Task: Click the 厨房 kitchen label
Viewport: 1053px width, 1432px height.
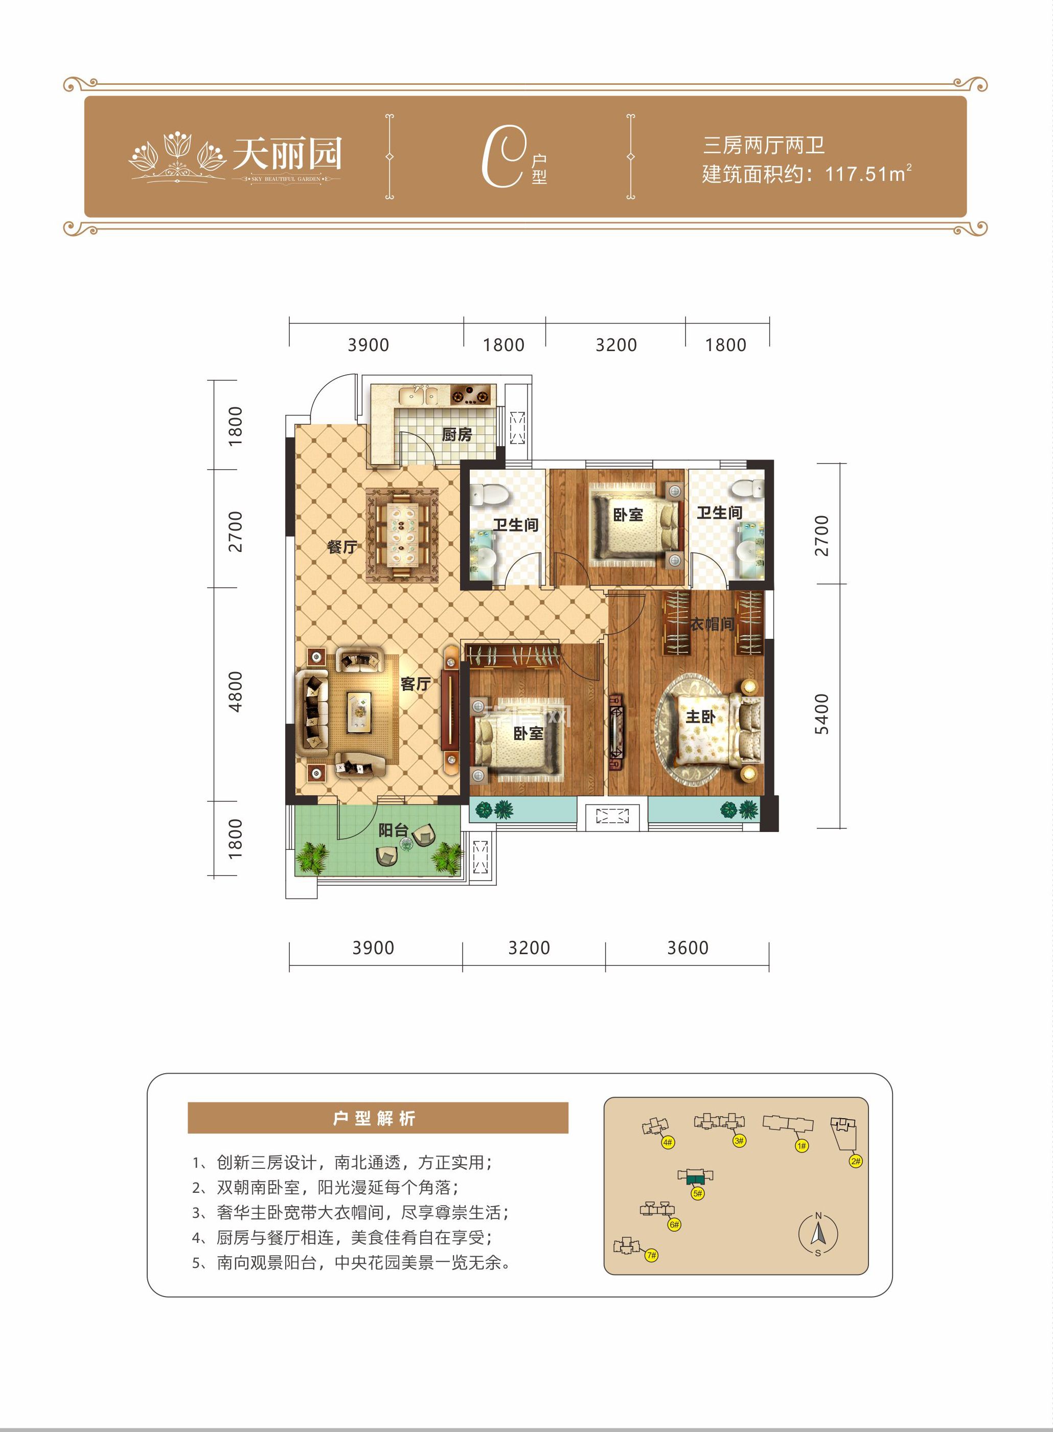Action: click(x=456, y=434)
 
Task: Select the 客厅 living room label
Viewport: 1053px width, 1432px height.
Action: click(x=415, y=684)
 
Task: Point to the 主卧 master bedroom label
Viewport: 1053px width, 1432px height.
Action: click(x=700, y=717)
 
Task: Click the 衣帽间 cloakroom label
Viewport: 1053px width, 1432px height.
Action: click(x=712, y=624)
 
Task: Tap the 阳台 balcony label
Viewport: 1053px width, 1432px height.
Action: click(x=393, y=830)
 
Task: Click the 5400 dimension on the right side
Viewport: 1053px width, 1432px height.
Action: click(x=822, y=714)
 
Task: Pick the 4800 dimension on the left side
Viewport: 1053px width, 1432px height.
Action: click(x=235, y=691)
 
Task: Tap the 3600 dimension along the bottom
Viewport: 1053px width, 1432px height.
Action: click(x=687, y=948)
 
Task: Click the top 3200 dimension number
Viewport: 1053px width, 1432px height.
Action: click(x=616, y=345)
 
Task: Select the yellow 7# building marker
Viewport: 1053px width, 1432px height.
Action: click(x=651, y=1255)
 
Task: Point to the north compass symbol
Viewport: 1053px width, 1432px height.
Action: click(x=818, y=1234)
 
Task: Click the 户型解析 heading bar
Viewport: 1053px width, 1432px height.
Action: click(x=377, y=1118)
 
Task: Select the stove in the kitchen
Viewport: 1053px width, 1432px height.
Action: click(x=472, y=396)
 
